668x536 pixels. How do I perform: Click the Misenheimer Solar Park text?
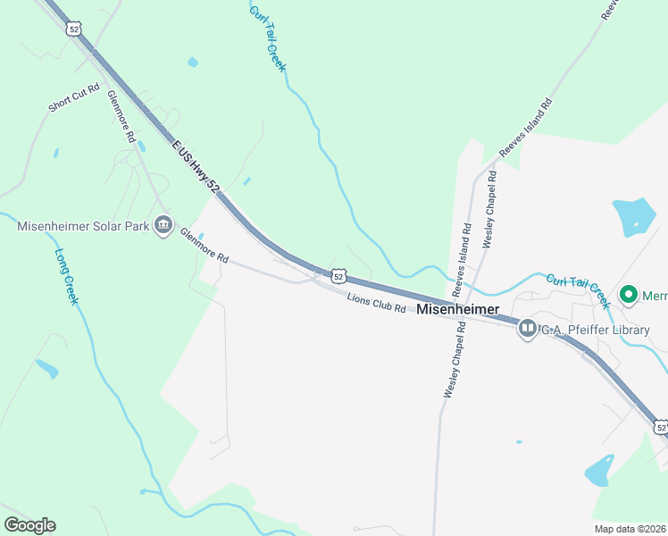(83, 226)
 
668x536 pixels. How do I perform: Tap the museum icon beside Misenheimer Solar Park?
(163, 224)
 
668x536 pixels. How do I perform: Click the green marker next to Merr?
(628, 294)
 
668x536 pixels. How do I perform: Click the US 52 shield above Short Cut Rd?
(72, 29)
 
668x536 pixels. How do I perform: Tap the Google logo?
(30, 525)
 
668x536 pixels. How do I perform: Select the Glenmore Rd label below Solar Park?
(205, 246)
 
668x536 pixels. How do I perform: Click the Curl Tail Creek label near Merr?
(578, 290)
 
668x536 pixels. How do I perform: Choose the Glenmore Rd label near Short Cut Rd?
(120, 116)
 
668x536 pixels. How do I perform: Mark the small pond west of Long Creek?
(46, 368)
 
